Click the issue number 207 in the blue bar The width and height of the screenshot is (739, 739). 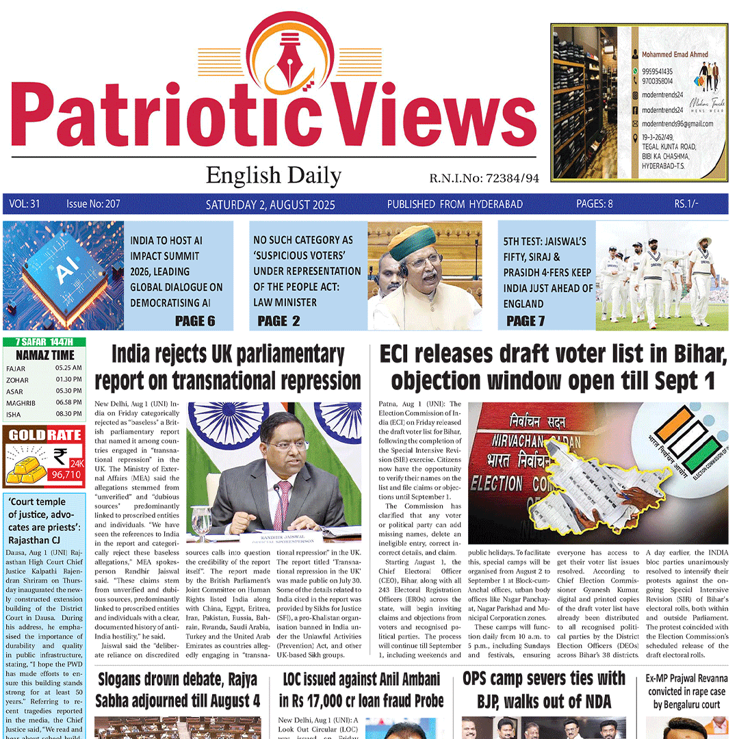pos(94,204)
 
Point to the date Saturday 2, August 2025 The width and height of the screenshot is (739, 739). pos(282,204)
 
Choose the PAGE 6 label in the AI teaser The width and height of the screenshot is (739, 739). pos(195,321)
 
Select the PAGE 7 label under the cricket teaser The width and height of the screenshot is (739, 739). pos(526,321)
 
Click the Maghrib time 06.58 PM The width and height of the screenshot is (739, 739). pos(69,403)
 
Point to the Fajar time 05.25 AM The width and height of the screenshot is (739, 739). pos(69,368)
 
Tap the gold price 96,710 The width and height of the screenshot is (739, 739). pos(66,473)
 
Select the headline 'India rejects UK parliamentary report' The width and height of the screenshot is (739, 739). pos(228,367)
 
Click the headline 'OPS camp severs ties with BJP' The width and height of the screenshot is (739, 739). pos(544,689)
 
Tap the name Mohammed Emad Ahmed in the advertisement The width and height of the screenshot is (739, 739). pos(675,54)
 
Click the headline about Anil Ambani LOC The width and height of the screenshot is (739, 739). pos(361,690)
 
